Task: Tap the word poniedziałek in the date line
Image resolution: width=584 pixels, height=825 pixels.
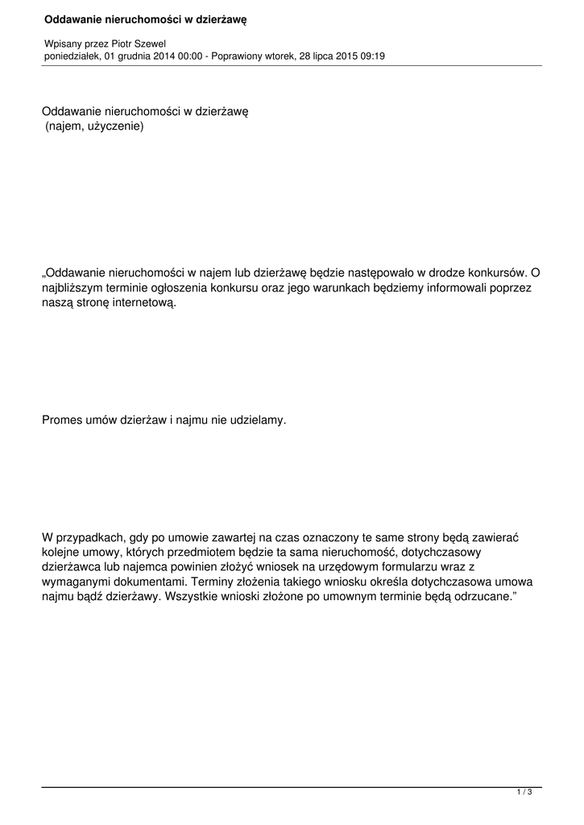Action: click(x=72, y=56)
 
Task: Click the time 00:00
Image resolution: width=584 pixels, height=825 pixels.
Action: click(x=193, y=56)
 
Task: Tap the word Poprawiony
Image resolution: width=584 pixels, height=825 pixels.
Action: click(x=239, y=56)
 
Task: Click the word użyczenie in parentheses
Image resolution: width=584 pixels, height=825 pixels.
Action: click(x=114, y=126)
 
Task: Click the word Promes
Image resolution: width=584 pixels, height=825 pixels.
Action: click(x=62, y=421)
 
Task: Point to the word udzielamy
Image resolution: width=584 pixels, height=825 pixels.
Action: click(x=258, y=421)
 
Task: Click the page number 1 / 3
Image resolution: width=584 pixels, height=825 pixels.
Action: click(x=524, y=793)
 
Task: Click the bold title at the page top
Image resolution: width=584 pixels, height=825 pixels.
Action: click(x=145, y=19)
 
